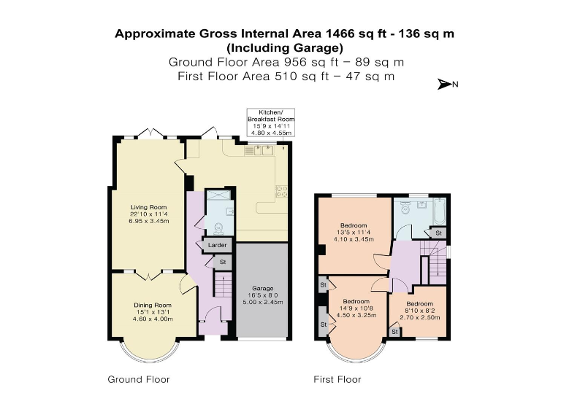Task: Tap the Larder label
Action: point(217,246)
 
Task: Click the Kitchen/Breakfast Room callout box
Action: point(270,122)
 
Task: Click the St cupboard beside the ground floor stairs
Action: point(223,262)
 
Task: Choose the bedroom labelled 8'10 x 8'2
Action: point(419,308)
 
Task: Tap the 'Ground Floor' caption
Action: point(139,379)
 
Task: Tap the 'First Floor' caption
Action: point(337,379)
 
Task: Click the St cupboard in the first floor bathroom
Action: point(438,232)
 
